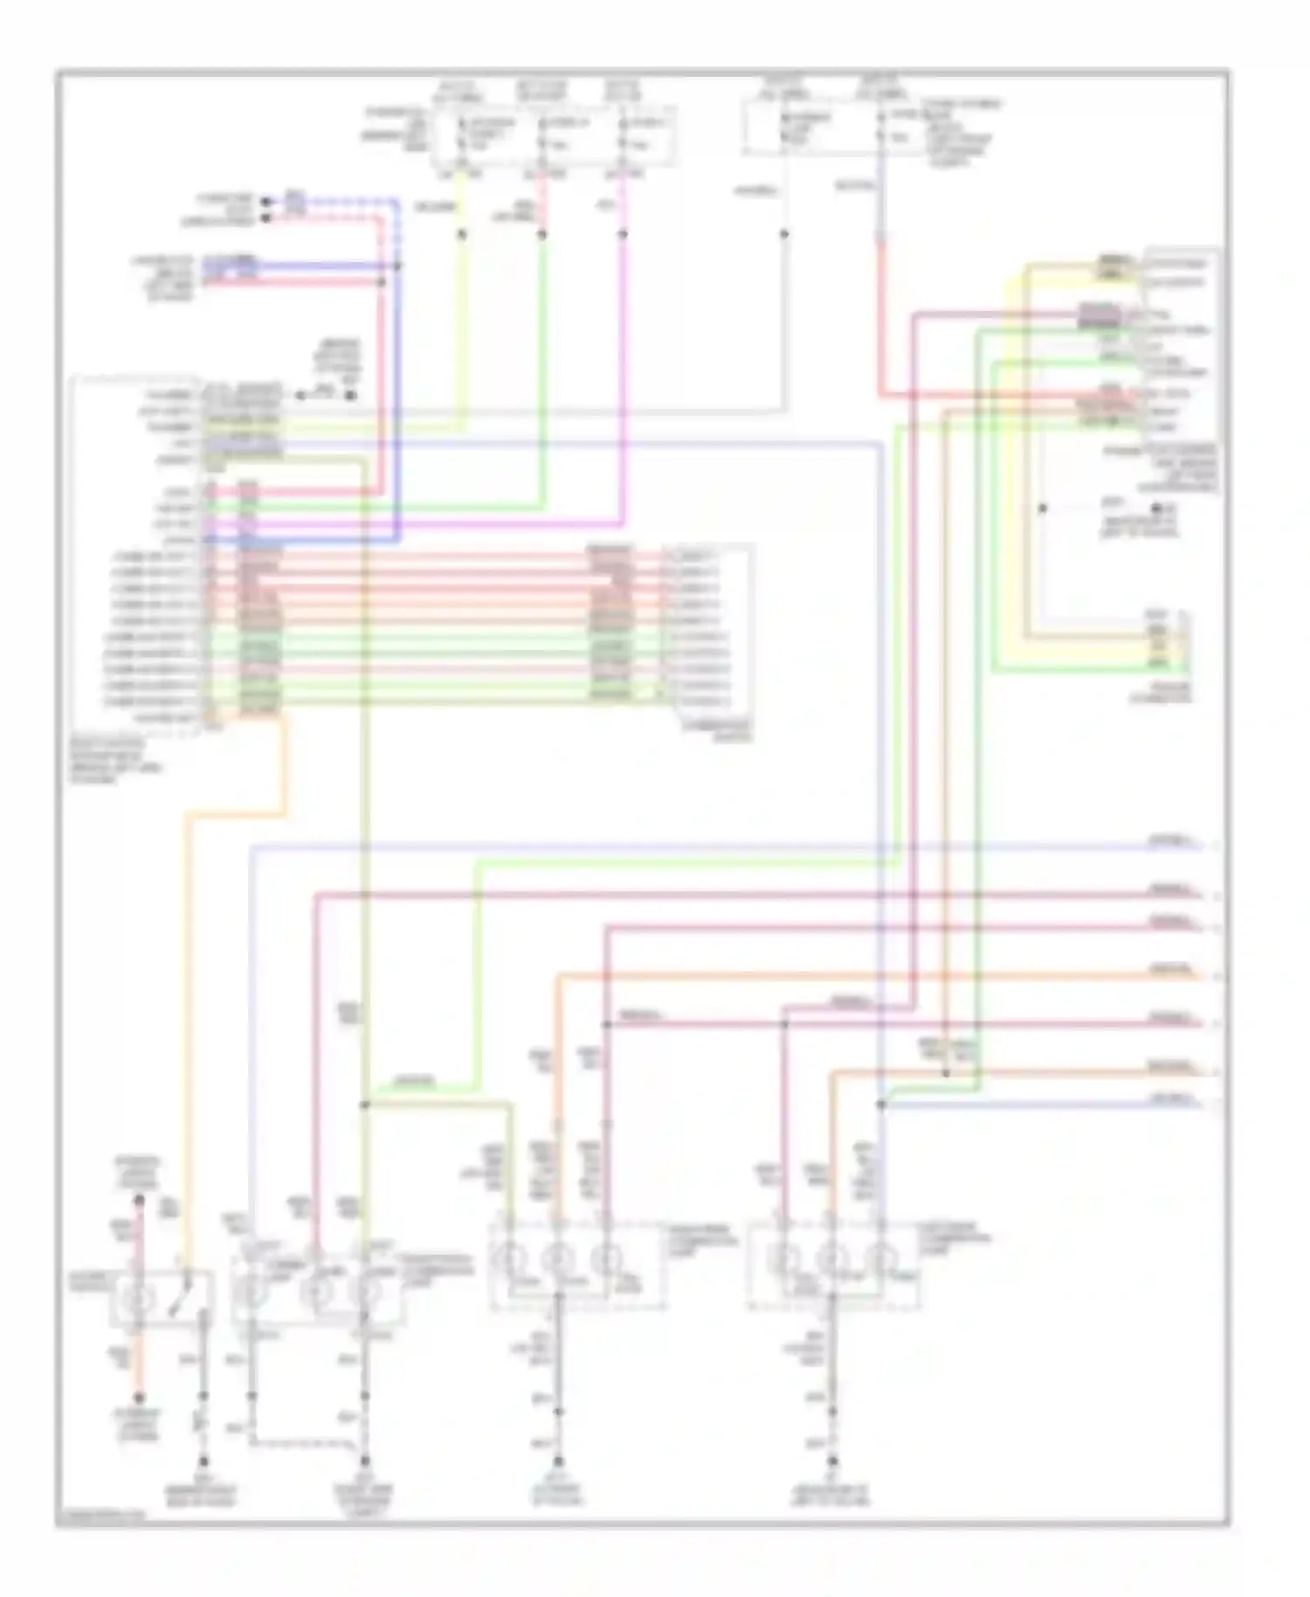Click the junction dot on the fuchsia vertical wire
(x=623, y=234)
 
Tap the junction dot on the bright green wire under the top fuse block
(x=542, y=234)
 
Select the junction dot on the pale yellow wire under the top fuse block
(x=462, y=234)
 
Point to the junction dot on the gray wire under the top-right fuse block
(x=783, y=234)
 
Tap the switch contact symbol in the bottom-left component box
(x=181, y=1296)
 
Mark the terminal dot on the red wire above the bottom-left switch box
(x=138, y=1201)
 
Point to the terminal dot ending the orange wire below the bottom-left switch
(x=138, y=1398)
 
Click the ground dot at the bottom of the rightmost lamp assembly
(x=832, y=1461)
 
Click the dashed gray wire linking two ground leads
(x=306, y=1440)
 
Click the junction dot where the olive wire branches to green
(x=365, y=1105)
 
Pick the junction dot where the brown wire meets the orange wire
(x=946, y=1072)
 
